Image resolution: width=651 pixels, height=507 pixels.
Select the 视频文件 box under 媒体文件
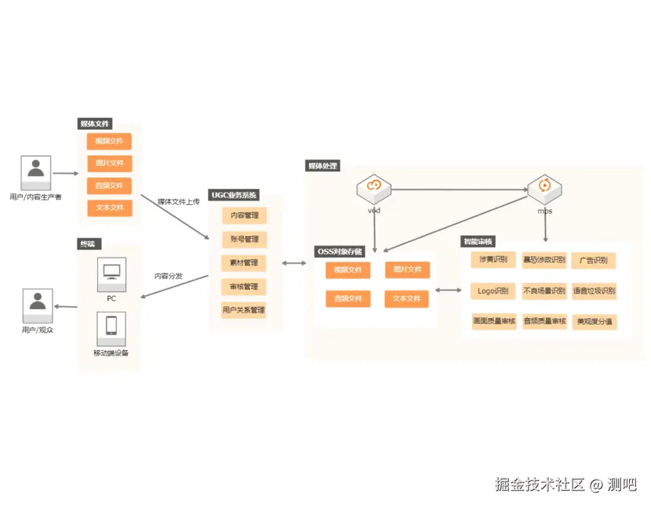click(109, 141)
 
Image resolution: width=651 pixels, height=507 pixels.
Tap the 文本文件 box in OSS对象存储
click(407, 299)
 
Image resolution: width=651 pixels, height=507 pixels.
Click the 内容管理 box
click(244, 215)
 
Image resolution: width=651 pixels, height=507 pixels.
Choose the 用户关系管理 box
click(244, 310)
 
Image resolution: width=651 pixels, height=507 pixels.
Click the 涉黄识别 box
click(493, 260)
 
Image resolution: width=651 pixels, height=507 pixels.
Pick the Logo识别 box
click(493, 291)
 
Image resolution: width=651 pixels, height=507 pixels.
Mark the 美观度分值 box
click(594, 322)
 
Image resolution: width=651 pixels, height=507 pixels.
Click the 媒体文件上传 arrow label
click(178, 201)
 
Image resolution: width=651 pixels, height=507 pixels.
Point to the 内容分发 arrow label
click(168, 276)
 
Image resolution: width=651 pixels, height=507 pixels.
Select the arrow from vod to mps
click(458, 189)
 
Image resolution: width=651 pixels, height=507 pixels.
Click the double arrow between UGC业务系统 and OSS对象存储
click(294, 263)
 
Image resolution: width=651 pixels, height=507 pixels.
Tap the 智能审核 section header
click(478, 242)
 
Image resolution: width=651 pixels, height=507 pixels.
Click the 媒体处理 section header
click(323, 166)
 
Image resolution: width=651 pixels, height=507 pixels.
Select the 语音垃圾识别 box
click(594, 291)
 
